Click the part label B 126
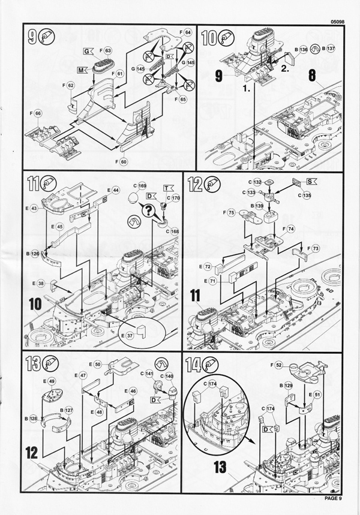click(32, 254)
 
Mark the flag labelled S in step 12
click(311, 180)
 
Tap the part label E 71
click(212, 281)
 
